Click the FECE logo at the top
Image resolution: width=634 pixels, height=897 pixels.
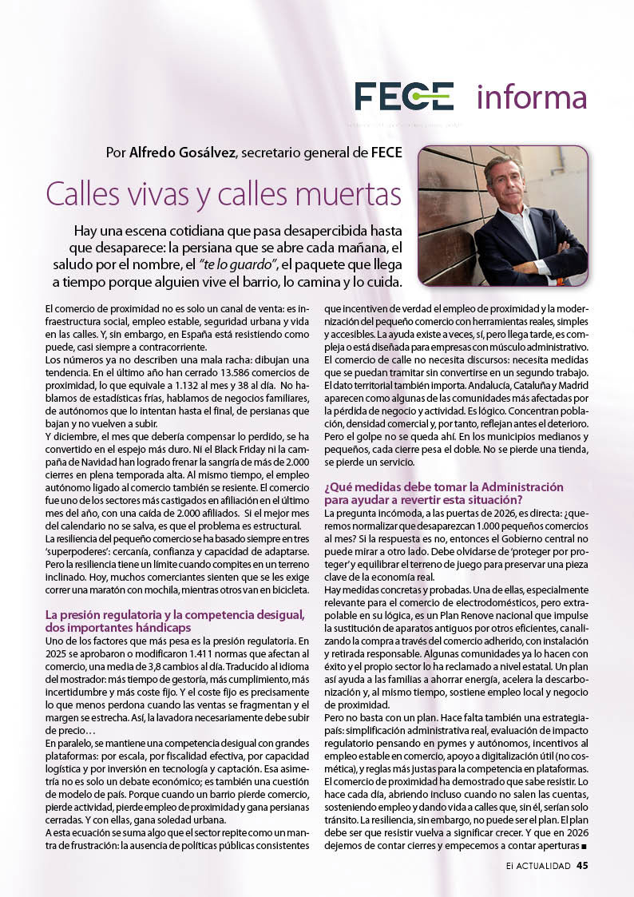click(x=404, y=96)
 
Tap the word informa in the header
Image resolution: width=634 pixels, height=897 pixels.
click(x=531, y=97)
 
